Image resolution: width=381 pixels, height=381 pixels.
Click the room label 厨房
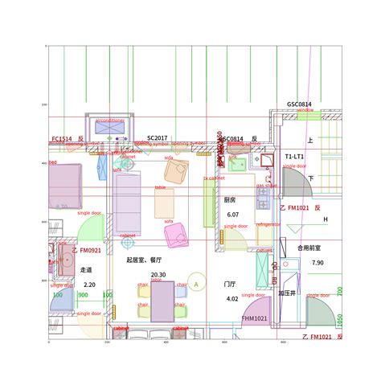(230, 200)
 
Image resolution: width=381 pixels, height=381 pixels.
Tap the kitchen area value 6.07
(233, 215)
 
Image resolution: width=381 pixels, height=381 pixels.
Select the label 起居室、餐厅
(144, 260)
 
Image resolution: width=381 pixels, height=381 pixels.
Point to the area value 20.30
(158, 275)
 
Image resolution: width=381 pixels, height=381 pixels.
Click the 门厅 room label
(229, 285)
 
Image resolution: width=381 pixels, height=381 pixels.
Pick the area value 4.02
(232, 299)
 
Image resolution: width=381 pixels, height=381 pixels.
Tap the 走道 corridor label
(86, 270)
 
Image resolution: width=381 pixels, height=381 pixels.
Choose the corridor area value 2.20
(89, 285)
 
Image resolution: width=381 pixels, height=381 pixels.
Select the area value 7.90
(317, 263)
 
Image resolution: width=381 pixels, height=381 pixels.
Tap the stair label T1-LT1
(294, 156)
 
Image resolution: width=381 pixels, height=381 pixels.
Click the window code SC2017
(158, 138)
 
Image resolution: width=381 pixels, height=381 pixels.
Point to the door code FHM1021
(254, 319)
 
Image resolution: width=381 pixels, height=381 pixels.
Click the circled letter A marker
(195, 285)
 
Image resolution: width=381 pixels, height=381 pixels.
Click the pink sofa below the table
(174, 236)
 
